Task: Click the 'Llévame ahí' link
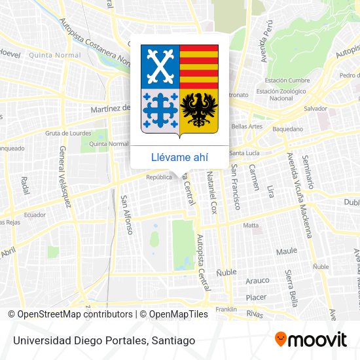pyautogui.click(x=179, y=157)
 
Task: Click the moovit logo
pyautogui.click(x=310, y=339)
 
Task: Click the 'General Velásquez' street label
pyautogui.click(x=65, y=176)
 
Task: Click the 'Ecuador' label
pyautogui.click(x=34, y=215)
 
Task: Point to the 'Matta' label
pyautogui.click(x=251, y=225)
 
